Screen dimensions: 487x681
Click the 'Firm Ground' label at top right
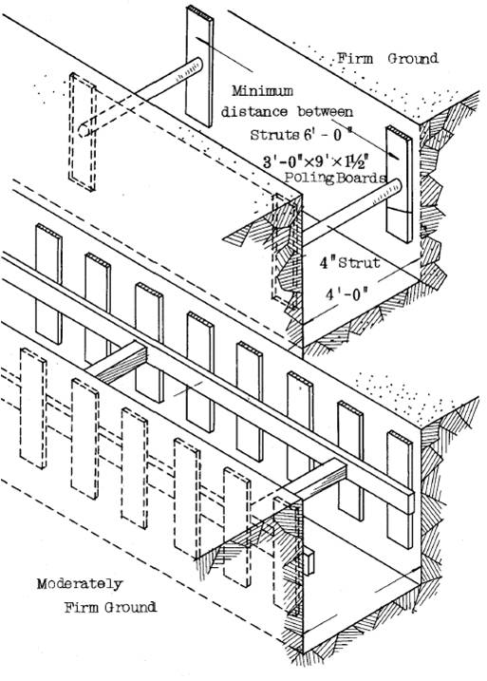pos(387,59)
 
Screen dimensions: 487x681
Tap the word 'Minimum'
pos(262,91)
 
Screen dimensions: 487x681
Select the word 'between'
pos(325,112)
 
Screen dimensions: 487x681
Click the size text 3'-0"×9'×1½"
pos(316,162)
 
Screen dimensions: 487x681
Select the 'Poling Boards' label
pos(335,178)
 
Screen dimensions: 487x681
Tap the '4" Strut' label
pos(350,262)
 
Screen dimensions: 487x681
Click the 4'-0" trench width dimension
pos(347,294)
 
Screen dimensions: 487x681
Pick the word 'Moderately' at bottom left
pos(80,584)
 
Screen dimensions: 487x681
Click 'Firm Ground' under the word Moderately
pos(111,607)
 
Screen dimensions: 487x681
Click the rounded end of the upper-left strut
pos(197,66)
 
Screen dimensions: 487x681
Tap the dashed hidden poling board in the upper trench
pos(83,132)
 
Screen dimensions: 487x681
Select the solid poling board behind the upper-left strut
pos(199,66)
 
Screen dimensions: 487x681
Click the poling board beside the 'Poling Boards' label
pos(400,184)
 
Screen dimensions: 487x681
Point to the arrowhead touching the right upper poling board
pos(394,155)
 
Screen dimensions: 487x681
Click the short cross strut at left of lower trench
pos(116,363)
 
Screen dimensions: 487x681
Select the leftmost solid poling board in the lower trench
pos(48,284)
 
